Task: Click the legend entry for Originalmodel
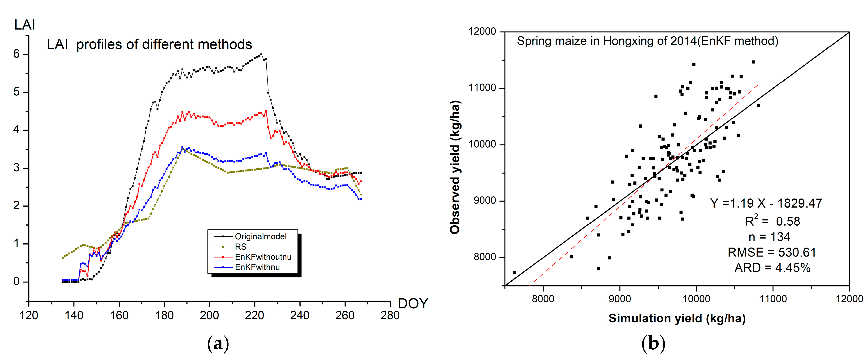260,236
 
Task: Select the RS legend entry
241,247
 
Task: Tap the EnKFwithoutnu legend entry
263,257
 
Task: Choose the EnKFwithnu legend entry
257,267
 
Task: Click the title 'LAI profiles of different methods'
149,44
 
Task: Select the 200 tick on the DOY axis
209,316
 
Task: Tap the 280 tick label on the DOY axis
390,316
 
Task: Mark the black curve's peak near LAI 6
261,54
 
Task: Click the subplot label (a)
218,343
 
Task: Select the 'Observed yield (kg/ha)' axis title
455,167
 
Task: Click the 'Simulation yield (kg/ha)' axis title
677,318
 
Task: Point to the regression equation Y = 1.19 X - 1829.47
766,203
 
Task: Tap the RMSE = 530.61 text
772,252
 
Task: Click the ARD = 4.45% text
772,268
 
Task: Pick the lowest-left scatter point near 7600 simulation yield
514,273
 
